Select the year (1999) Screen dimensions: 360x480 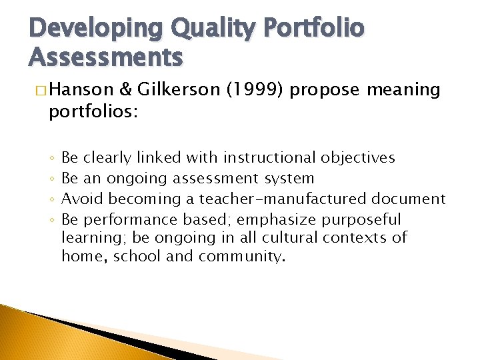coord(258,89)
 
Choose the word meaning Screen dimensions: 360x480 coord(403,89)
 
